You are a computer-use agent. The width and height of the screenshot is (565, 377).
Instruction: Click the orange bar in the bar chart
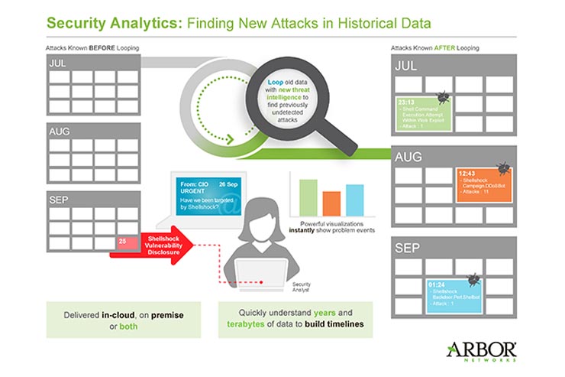tap(331, 203)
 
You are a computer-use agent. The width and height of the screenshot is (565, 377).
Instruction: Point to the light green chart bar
tap(308, 197)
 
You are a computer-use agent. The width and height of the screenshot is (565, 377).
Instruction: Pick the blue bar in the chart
tap(354, 200)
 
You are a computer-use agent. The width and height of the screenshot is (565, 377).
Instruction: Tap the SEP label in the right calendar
tap(406, 249)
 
